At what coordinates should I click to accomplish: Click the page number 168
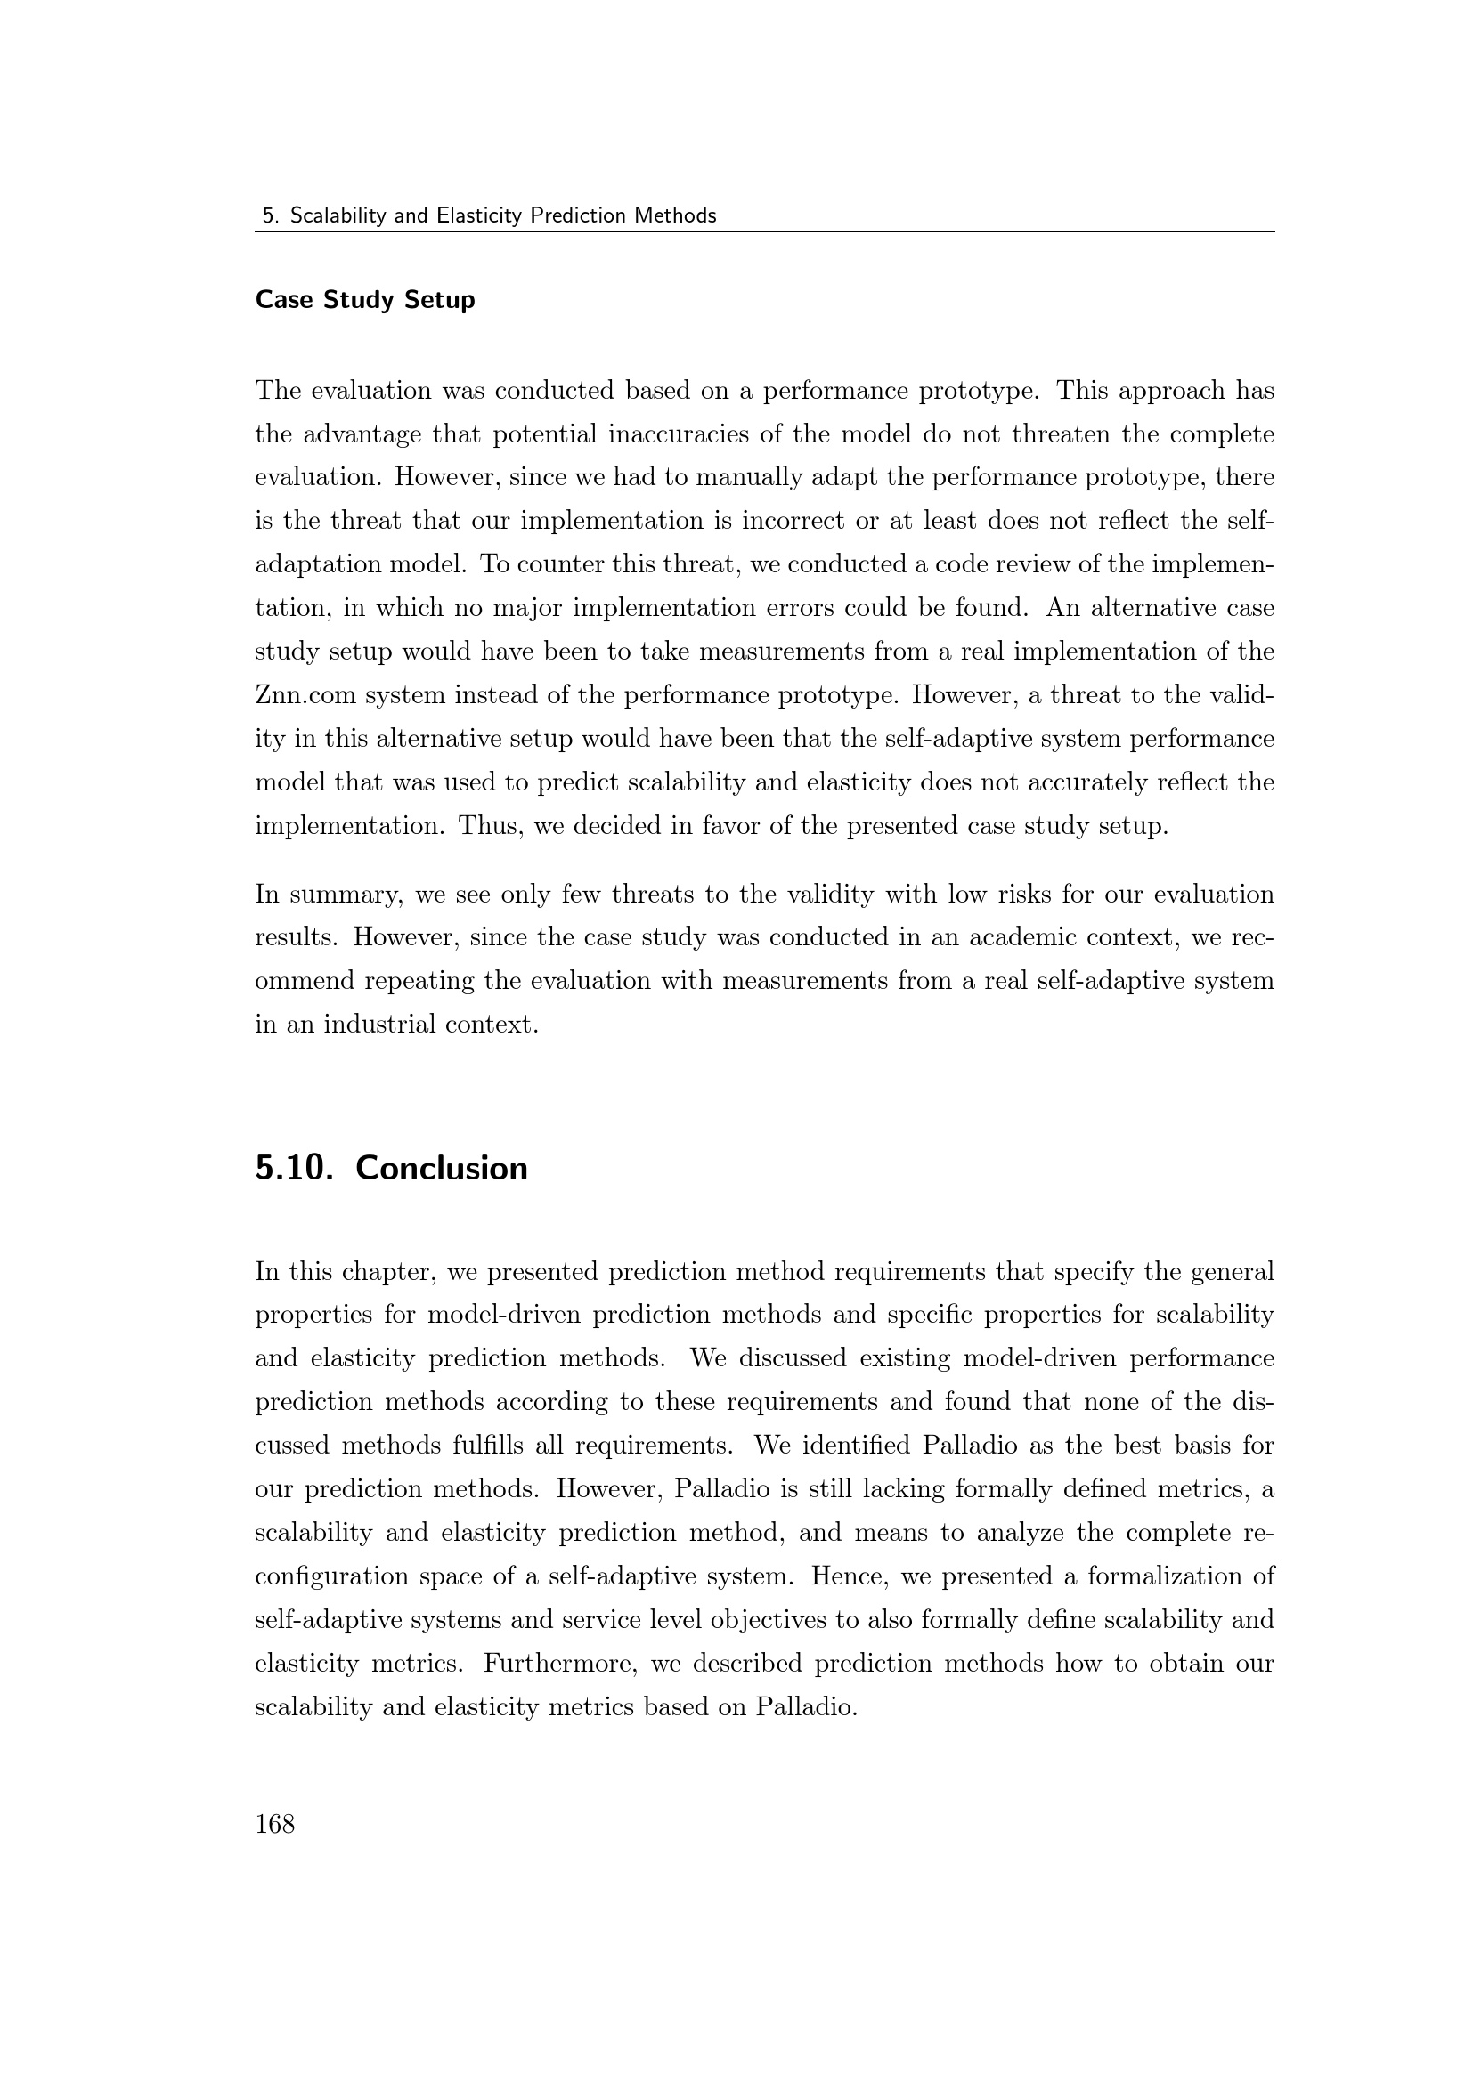tap(275, 1824)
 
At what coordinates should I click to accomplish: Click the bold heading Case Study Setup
tap(364, 299)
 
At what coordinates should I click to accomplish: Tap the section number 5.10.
tap(289, 1168)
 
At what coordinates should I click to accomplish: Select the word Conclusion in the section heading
tap(441, 1168)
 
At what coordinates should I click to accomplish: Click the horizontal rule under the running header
tap(764, 232)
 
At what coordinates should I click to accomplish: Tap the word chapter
tap(380, 1272)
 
